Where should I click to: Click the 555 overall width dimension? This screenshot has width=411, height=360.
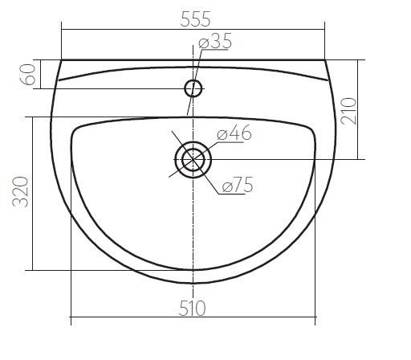pyautogui.click(x=196, y=19)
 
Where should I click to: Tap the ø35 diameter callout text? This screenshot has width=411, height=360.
pyautogui.click(x=215, y=41)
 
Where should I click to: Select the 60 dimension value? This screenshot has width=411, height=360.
pyautogui.click(x=28, y=75)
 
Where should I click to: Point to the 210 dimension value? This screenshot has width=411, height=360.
pyautogui.click(x=349, y=111)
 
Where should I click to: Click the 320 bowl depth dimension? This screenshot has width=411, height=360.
pyautogui.click(x=20, y=192)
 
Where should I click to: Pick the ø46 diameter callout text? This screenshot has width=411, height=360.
pyautogui.click(x=234, y=133)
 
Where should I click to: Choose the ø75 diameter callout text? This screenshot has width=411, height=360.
pyautogui.click(x=238, y=185)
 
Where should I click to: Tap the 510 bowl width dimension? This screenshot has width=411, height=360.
pyautogui.click(x=192, y=308)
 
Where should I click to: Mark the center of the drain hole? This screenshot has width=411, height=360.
pyautogui.click(x=193, y=160)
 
